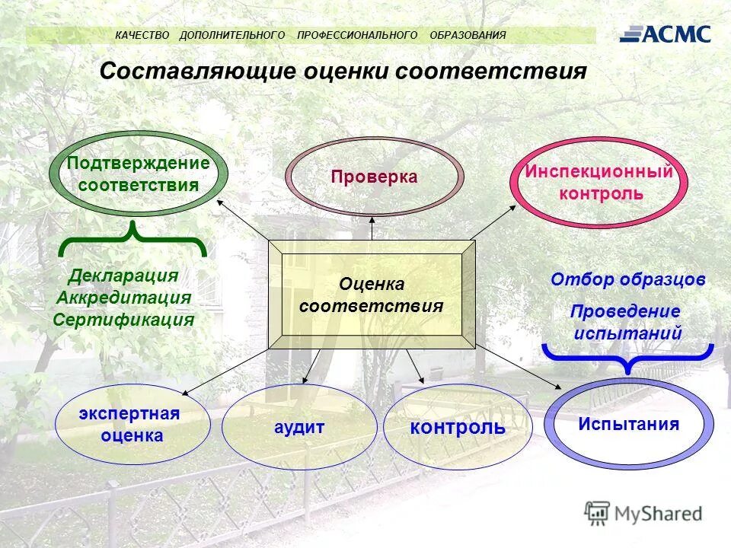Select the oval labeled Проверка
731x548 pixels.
[x=374, y=177]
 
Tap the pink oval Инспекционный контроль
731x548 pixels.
[x=599, y=182]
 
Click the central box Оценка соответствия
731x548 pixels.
[x=372, y=295]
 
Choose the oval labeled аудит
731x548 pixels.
[x=299, y=427]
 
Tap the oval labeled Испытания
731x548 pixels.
[x=628, y=424]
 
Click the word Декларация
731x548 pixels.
[x=123, y=276]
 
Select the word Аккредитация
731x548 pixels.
[x=123, y=298]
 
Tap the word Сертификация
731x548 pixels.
[x=123, y=320]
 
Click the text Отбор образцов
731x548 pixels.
[x=627, y=279]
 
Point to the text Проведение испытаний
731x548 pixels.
[x=626, y=322]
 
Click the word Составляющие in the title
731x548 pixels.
[x=197, y=72]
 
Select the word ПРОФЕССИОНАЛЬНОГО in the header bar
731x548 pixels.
[x=357, y=35]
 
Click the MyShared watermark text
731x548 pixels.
[x=658, y=514]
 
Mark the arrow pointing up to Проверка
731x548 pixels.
[x=372, y=227]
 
